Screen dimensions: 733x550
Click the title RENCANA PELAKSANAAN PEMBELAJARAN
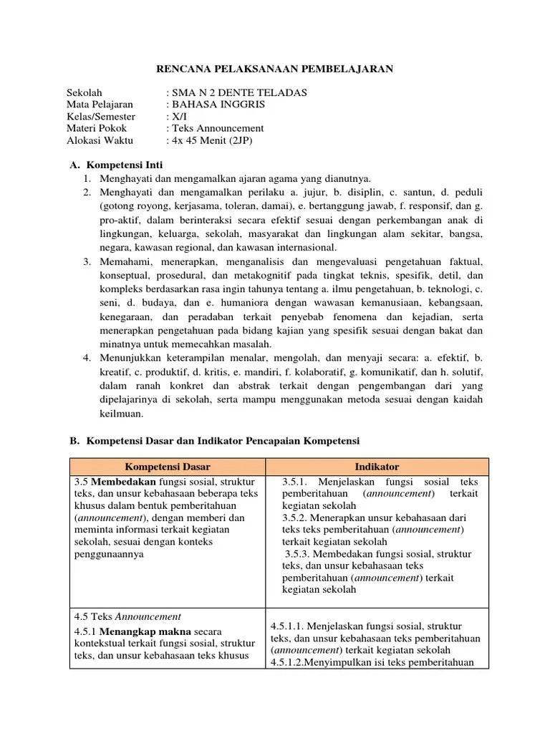[275, 69]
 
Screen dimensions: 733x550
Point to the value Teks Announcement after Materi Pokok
[217, 128]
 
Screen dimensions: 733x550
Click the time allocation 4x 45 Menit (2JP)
[212, 140]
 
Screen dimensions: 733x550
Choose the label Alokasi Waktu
[100, 140]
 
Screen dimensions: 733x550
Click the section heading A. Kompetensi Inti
[116, 165]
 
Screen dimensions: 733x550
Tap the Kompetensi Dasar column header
[168, 467]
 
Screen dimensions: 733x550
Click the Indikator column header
[376, 467]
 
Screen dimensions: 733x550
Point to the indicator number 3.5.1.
[296, 482]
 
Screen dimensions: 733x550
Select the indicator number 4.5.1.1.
[289, 626]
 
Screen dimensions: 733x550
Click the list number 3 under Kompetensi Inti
[86, 262]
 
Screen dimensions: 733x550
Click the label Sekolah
[85, 93]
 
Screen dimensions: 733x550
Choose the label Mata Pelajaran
[100, 105]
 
